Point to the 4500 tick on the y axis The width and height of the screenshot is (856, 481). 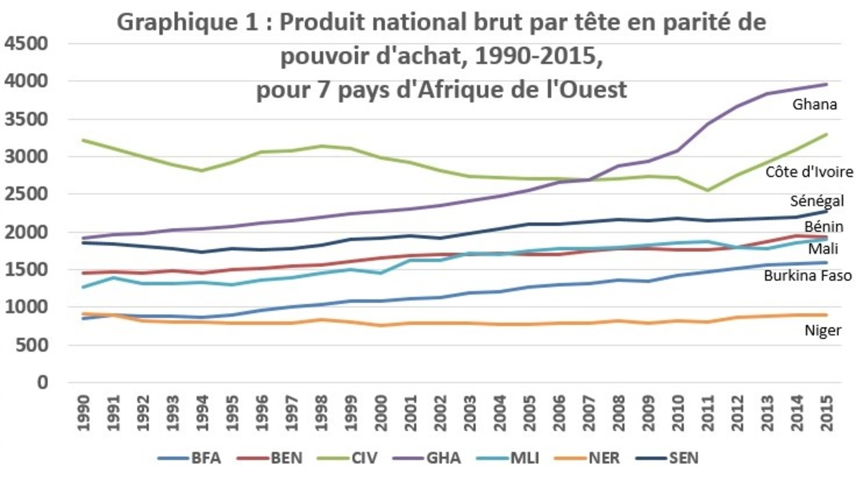pos(26,44)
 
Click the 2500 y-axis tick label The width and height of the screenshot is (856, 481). pos(26,194)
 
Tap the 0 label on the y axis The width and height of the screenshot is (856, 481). pos(42,383)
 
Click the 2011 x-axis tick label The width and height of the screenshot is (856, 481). pos(707,413)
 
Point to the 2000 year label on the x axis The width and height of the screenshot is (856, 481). pos(381,413)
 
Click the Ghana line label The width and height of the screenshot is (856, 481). pos(814,104)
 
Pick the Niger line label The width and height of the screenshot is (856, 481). pos(823,330)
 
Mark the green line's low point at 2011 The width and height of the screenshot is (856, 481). pos(707,190)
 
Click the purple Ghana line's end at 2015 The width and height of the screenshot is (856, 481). pos(826,84)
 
